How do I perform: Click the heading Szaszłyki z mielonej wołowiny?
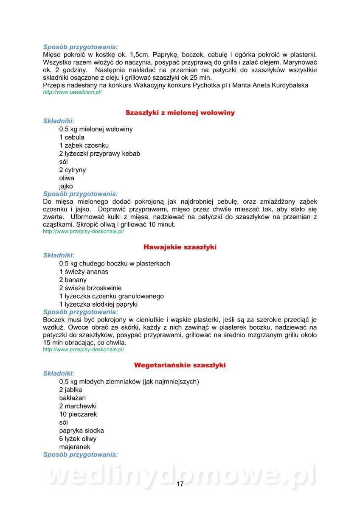click(x=180, y=113)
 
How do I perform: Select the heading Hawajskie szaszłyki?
click(x=180, y=247)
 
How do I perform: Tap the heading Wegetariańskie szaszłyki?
click(x=180, y=365)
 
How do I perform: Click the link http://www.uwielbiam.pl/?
click(x=72, y=92)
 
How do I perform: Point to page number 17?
click(x=180, y=484)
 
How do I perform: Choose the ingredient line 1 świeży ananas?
click(x=84, y=271)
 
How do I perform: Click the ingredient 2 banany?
click(x=73, y=280)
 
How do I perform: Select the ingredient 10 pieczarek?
click(x=78, y=414)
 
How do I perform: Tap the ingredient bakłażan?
click(x=73, y=398)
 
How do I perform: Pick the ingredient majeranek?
click(x=75, y=447)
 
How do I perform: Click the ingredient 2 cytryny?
click(x=73, y=170)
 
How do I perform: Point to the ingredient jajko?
click(x=66, y=186)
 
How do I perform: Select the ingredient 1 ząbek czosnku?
click(x=84, y=145)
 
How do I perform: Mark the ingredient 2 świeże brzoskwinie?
click(x=90, y=288)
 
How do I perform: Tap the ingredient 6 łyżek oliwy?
click(x=78, y=439)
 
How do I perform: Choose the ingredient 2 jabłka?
click(x=71, y=390)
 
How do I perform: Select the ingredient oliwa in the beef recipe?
click(x=67, y=178)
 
